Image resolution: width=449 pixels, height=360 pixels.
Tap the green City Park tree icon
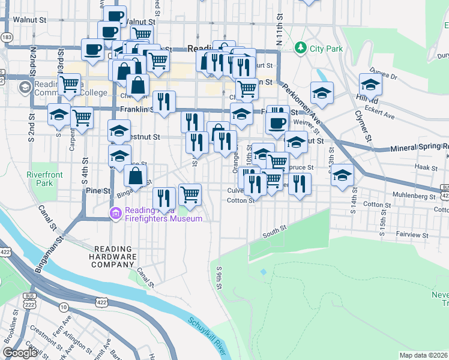(x=300, y=47)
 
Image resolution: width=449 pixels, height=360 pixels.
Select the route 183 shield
(x=6, y=37)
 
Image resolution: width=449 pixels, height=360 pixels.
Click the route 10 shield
(x=64, y=307)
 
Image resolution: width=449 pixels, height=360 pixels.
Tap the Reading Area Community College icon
(x=25, y=88)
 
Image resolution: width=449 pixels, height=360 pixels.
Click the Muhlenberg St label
(x=414, y=196)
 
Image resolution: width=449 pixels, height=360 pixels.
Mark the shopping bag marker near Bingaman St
(x=136, y=176)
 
